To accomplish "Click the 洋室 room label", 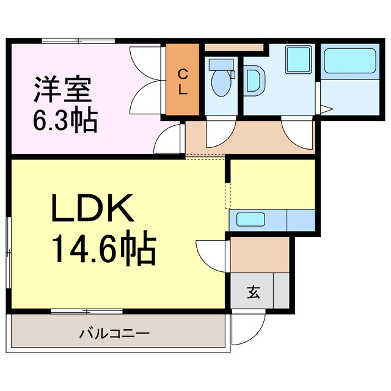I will click(62, 90).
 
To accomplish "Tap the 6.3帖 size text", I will click(65, 120).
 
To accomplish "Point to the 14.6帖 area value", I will click(103, 248).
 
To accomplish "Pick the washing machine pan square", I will click(299, 60).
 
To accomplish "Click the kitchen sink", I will click(250, 219).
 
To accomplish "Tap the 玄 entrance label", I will click(253, 292).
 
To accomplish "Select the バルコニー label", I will click(114, 334).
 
